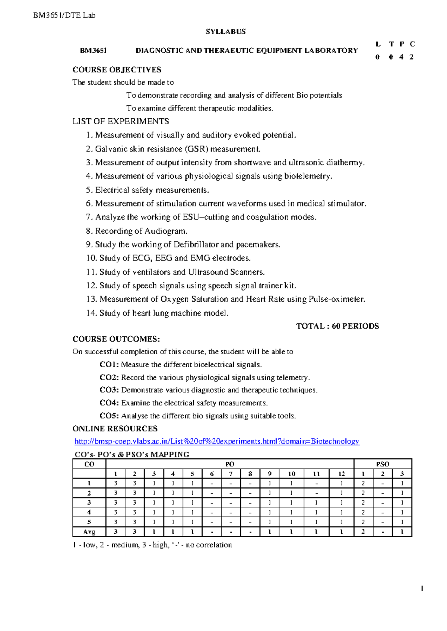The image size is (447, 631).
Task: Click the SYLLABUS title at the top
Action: pos(225,32)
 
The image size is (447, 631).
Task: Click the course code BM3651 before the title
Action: pos(93,51)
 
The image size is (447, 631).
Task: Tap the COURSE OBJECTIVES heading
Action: pos(117,70)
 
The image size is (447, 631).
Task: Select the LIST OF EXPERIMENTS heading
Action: pos(120,121)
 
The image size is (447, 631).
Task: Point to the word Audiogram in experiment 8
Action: pos(165,231)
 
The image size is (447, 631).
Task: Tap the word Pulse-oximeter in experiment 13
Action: pos(337,299)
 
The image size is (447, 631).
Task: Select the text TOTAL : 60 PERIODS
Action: pos(337,326)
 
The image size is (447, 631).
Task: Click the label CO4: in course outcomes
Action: pos(109,403)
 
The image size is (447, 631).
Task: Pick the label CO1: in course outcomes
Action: pos(109,365)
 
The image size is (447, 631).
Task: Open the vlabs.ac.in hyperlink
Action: pos(217,441)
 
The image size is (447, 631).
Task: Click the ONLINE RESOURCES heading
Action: pos(115,429)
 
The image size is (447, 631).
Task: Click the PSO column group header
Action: pos(383,464)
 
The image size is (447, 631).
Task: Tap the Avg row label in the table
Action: pos(89,532)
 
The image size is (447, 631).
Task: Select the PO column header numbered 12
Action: pos(341,474)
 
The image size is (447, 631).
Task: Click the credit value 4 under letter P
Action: pos(401,57)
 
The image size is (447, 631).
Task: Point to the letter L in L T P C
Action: pos(378,44)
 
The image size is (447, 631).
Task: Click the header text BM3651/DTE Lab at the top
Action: pos(64,15)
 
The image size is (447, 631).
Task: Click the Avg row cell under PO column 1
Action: pos(115,532)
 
